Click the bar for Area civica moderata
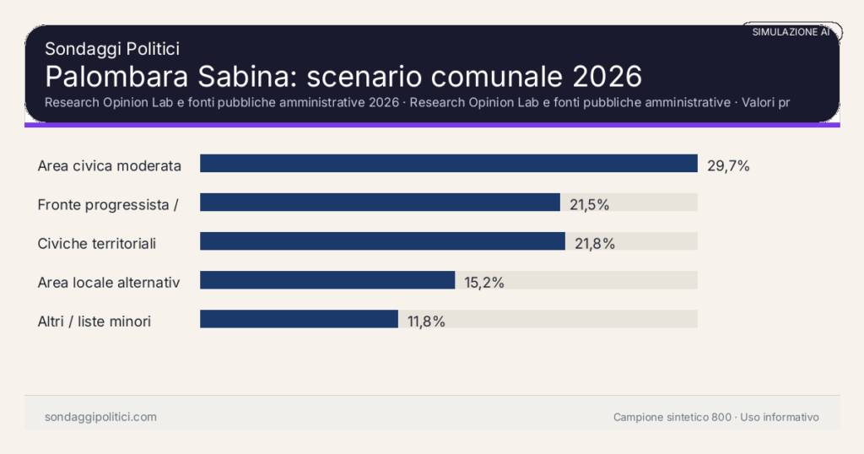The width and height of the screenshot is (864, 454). [x=448, y=163]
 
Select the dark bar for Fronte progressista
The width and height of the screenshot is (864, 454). [x=380, y=203]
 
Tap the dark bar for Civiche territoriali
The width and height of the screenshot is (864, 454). [x=382, y=241]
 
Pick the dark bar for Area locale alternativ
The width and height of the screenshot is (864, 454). [x=327, y=280]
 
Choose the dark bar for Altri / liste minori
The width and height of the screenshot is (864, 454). [x=299, y=319]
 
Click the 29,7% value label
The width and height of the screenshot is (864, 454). [x=728, y=166]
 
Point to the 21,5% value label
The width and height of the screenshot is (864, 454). [x=588, y=205]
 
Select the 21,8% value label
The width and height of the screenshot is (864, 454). [x=594, y=244]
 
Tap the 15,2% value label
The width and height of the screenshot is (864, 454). [x=484, y=283]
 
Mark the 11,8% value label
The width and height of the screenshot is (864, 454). [x=425, y=322]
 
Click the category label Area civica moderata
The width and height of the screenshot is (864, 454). [x=110, y=166]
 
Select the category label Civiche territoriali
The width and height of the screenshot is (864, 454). [x=97, y=244]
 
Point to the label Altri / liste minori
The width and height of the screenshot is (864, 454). [x=94, y=322]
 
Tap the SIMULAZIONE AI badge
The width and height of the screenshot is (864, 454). [x=791, y=32]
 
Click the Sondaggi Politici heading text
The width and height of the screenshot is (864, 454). [x=111, y=49]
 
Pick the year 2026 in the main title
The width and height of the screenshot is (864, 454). [x=607, y=76]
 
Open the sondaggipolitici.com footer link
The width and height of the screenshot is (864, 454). [x=100, y=417]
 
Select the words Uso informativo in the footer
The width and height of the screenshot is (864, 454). [x=780, y=417]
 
